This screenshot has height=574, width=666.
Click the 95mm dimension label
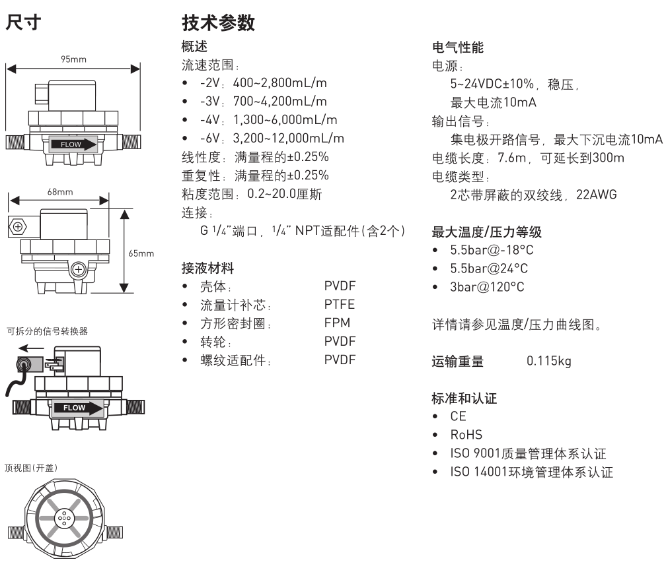pyautogui.click(x=73, y=59)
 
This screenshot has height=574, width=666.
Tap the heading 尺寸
pyautogui.click(x=24, y=24)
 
